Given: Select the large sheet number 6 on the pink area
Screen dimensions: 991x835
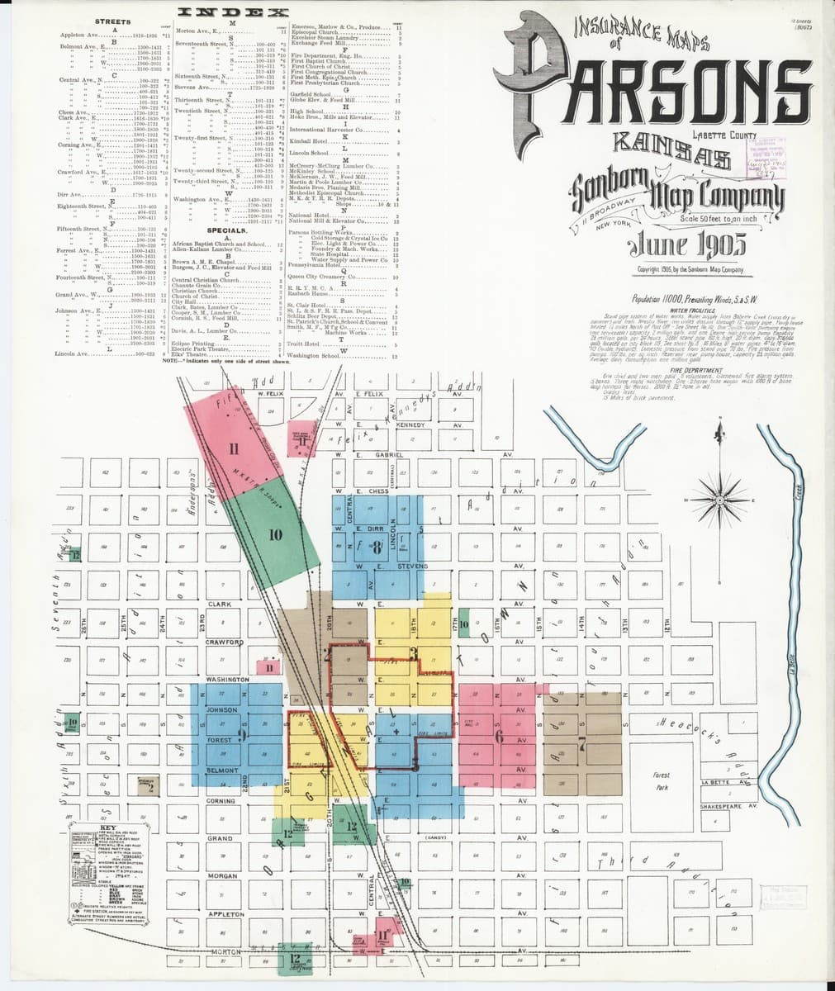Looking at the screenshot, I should (x=499, y=737).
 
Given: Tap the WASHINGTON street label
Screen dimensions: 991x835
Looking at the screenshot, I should (x=227, y=680).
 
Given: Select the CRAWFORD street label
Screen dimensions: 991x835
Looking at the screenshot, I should (x=224, y=642).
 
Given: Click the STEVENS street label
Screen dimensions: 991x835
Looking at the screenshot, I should (x=411, y=567).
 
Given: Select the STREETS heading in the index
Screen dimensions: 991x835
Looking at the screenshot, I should (x=113, y=21).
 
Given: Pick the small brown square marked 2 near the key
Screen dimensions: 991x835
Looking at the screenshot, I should (x=149, y=787).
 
